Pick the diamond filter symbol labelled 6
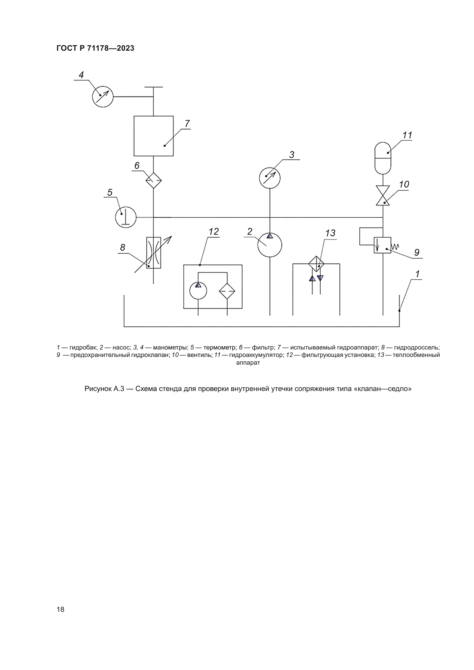[154, 180]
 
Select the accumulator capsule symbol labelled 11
[383, 158]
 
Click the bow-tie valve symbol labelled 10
[383, 196]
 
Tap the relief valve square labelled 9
[383, 245]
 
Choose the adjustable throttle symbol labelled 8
[154, 253]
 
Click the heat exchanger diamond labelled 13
[316, 264]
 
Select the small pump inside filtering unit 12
[198, 291]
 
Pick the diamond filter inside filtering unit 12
[227, 291]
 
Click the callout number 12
[214, 232]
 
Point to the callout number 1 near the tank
[417, 274]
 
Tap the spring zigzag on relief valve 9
[395, 246]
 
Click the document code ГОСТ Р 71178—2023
[95, 48]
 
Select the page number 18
[60, 609]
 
